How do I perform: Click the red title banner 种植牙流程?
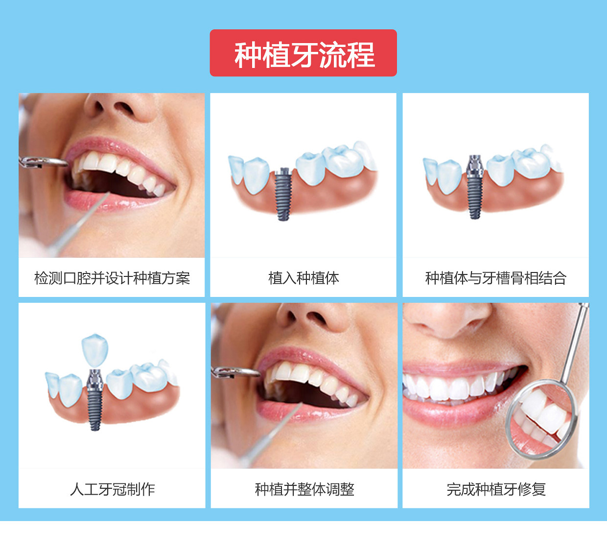(303, 53)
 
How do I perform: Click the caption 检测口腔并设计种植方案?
(112, 278)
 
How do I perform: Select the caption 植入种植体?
(303, 278)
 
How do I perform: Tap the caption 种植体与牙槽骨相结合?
(495, 278)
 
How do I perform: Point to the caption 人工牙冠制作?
(113, 490)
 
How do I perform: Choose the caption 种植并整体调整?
(304, 490)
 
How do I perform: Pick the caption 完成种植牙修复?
(496, 490)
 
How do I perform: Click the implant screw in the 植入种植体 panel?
(283, 194)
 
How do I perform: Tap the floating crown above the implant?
(94, 351)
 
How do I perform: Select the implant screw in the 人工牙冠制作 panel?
(95, 400)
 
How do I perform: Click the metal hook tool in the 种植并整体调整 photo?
(235, 372)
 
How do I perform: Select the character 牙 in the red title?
(304, 54)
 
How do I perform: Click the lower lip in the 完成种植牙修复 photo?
(455, 413)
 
